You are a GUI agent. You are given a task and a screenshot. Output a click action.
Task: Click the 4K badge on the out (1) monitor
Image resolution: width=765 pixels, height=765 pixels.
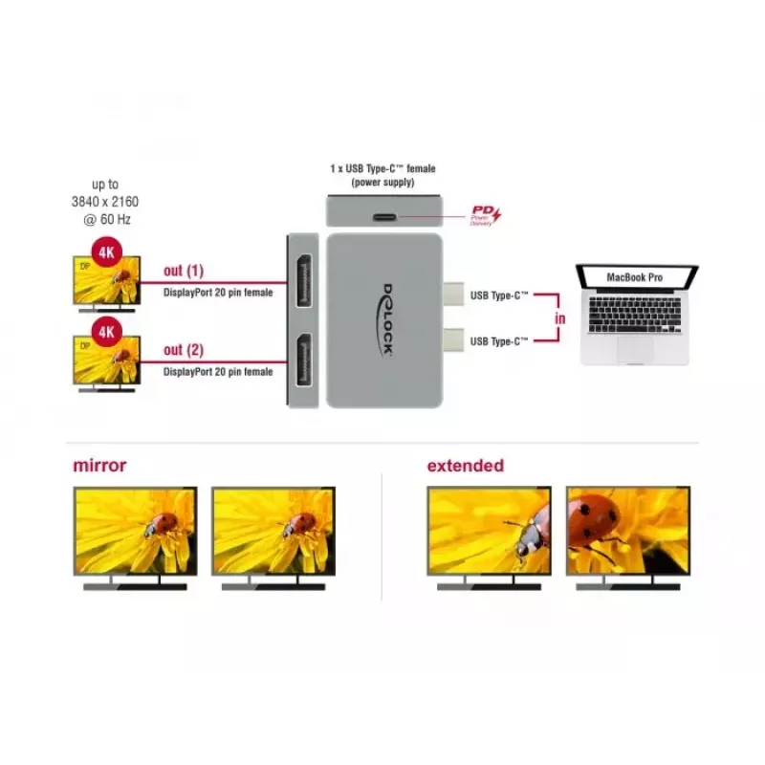pos(106,252)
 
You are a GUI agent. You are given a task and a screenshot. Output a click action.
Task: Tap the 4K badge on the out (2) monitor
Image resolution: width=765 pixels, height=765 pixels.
pos(106,332)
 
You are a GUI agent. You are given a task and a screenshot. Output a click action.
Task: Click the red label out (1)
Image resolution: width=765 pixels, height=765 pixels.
pos(184,271)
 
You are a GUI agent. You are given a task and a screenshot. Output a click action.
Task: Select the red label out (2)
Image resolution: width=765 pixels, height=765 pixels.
pos(184,350)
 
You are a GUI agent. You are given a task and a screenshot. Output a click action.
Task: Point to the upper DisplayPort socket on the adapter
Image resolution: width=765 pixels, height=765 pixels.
pos(304,280)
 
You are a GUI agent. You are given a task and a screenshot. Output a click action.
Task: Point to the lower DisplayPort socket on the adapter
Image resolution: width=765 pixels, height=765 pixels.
pos(304,361)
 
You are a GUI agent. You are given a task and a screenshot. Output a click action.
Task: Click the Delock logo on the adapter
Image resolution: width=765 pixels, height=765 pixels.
pos(386,320)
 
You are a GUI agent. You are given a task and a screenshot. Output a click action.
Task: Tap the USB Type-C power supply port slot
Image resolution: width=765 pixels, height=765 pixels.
pos(384,217)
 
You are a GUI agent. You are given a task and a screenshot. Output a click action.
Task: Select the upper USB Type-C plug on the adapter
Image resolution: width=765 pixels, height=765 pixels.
pos(453,295)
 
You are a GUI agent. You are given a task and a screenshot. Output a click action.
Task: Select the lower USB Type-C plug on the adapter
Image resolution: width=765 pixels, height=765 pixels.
pos(453,340)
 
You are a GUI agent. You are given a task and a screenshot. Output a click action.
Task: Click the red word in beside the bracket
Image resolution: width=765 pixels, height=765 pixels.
pos(559,318)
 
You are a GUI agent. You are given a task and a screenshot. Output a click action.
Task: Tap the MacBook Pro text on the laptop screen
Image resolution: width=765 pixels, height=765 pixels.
pos(634,277)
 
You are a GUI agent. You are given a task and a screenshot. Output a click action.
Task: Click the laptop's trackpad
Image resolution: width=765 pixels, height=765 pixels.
pos(635,349)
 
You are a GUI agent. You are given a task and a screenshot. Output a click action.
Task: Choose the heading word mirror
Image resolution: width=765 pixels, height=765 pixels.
pos(99,466)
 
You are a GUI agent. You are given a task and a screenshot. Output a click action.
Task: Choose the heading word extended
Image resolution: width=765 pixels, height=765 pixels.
pos(466,466)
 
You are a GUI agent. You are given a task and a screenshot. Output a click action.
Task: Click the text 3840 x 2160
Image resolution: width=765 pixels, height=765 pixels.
pos(105,202)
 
